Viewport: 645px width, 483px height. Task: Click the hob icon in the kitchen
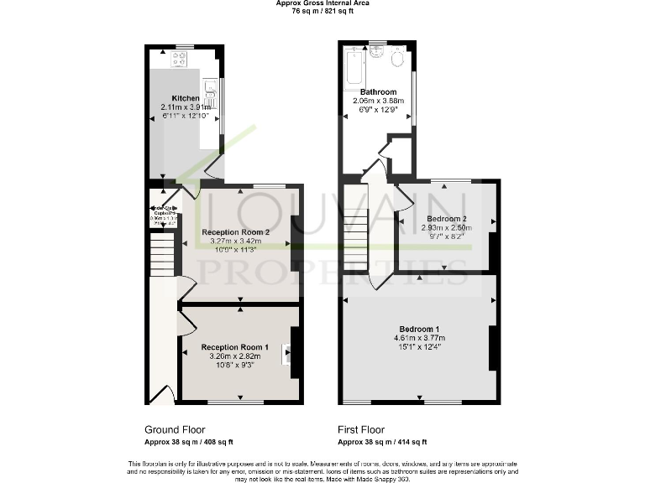click(x=179, y=58)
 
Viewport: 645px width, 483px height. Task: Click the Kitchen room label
click(x=186, y=98)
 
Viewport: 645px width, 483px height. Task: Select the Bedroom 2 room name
click(x=446, y=218)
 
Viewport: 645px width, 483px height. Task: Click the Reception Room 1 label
click(x=235, y=347)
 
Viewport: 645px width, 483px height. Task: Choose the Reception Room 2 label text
click(x=235, y=232)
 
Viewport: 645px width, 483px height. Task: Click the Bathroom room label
click(x=378, y=91)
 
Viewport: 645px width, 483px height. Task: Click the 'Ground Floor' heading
click(x=175, y=429)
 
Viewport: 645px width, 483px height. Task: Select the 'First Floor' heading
click(x=365, y=429)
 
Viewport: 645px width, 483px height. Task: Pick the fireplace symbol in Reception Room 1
click(x=288, y=354)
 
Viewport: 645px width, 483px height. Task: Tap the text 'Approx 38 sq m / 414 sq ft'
click(x=382, y=442)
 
